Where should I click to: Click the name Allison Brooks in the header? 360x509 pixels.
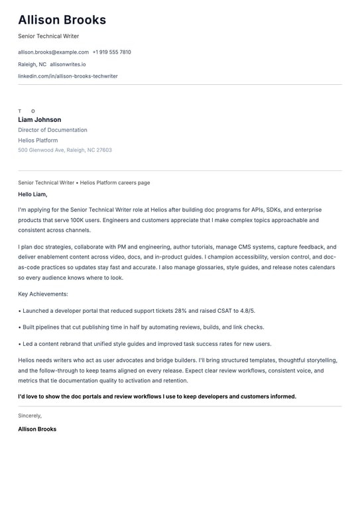coord(62,21)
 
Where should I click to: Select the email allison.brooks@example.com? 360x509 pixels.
coord(53,52)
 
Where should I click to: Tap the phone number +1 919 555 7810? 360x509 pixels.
coord(111,52)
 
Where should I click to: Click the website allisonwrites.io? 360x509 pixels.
coord(68,64)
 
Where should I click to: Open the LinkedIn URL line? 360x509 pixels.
coord(68,76)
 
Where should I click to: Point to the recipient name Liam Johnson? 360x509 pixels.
coord(40,120)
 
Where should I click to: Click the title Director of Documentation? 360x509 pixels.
coord(52,130)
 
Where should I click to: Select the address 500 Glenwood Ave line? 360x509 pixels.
coord(65,150)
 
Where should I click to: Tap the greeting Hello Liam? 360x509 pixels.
coord(32,194)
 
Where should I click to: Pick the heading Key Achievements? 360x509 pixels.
coord(43,294)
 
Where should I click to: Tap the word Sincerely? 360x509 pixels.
coord(30,416)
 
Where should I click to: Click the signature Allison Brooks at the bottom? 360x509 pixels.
coord(37,429)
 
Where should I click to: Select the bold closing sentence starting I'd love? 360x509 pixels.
coord(157,396)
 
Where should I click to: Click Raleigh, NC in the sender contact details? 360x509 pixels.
coord(32,64)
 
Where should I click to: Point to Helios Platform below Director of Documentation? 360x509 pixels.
coord(38,140)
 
